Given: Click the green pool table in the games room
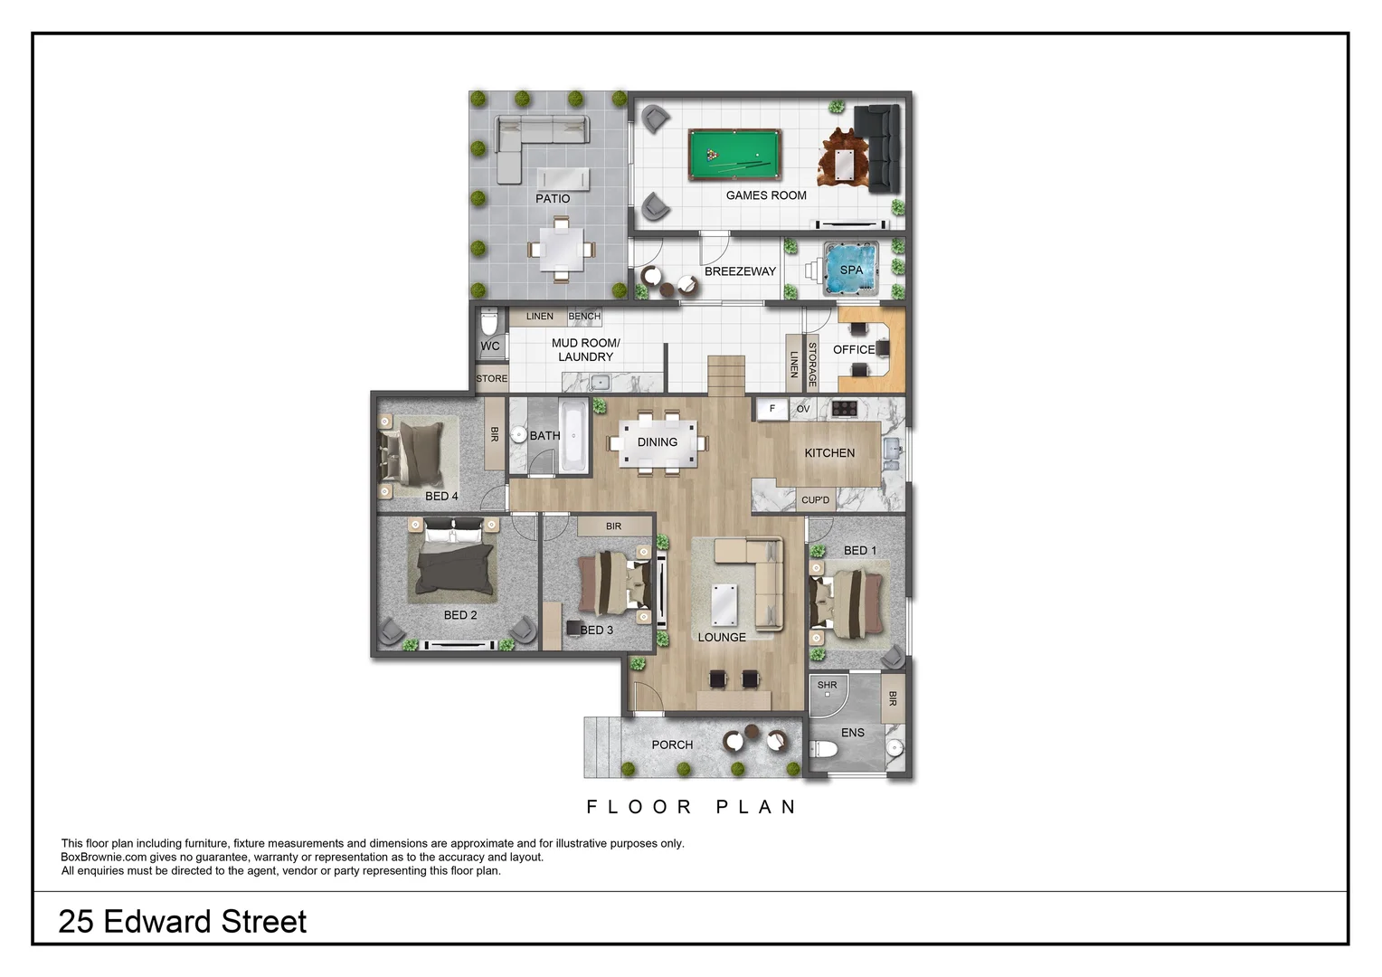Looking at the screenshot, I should coord(734,155).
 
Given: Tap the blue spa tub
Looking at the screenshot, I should coord(850,270).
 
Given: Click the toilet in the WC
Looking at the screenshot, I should coord(489,322).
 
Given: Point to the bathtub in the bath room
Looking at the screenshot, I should coord(573,437).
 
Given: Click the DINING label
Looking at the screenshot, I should coord(657,442).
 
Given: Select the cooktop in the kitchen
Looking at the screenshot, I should coord(844,409).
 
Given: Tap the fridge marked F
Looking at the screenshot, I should coord(771,409).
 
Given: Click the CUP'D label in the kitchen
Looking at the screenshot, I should coord(815,500).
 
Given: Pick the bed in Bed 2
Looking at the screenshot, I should coord(455,565).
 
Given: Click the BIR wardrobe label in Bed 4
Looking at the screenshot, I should coord(495,435).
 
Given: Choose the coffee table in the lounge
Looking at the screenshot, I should coord(724,604).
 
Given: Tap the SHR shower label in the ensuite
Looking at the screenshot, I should coord(827,685).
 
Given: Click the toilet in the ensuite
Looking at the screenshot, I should coord(825,749).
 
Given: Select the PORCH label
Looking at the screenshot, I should coord(672,745).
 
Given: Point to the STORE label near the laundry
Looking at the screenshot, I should coord(491,379).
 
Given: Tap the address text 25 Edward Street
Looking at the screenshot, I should coord(183,922).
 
